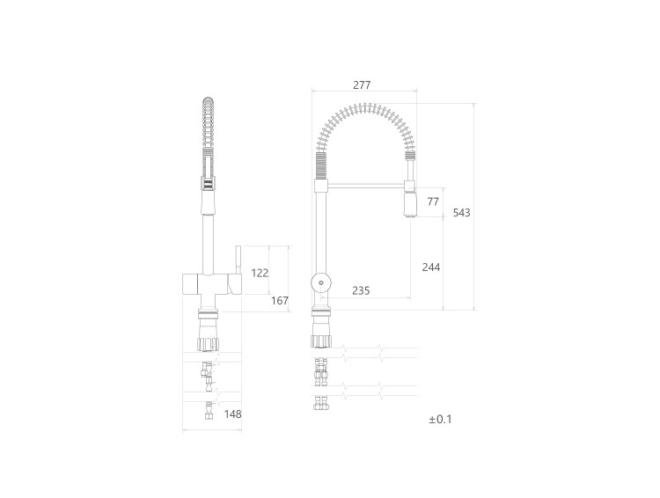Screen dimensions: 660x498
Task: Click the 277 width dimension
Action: coord(362,85)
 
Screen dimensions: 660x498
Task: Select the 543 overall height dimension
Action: coord(462,213)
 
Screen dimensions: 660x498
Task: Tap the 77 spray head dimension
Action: coord(433,201)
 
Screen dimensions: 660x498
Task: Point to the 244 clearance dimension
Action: coord(431,267)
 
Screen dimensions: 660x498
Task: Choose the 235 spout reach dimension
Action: coord(361,290)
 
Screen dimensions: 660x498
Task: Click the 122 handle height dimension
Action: coord(260,274)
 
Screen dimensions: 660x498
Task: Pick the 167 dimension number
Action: coord(280,301)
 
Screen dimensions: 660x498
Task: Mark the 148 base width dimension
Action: coord(233,414)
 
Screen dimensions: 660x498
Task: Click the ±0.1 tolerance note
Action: coord(440,420)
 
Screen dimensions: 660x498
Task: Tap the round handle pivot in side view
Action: coord(320,282)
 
